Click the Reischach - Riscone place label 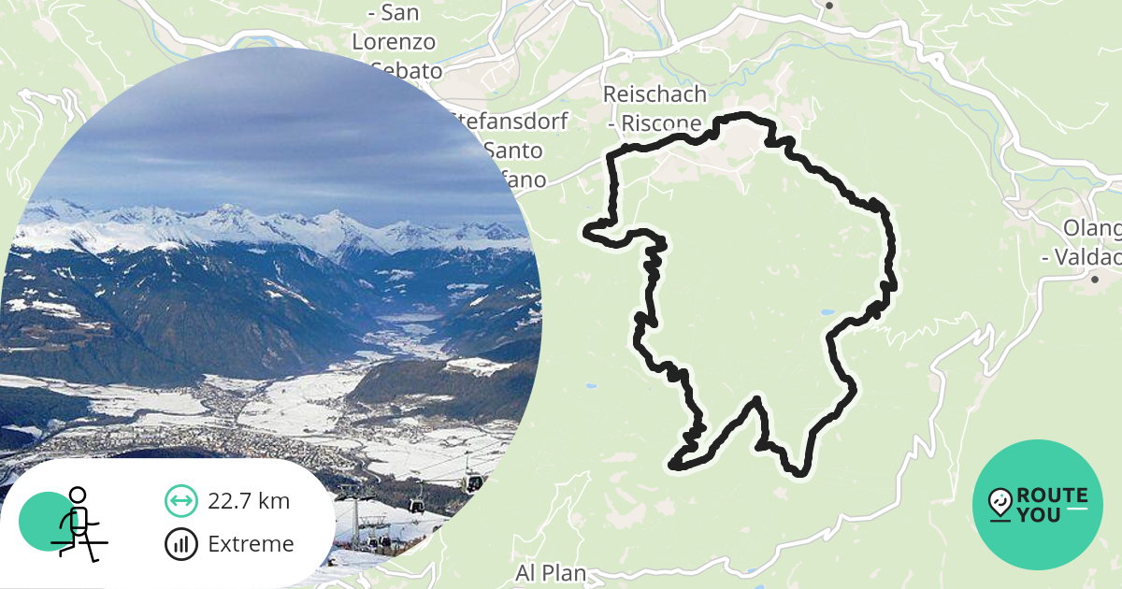pyautogui.click(x=654, y=108)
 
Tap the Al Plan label pyautogui.click(x=551, y=572)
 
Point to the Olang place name pyautogui.click(x=1091, y=229)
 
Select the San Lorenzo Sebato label pyautogui.click(x=395, y=42)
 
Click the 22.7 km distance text pyautogui.click(x=249, y=501)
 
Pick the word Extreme pyautogui.click(x=251, y=544)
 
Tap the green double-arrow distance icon pyautogui.click(x=180, y=501)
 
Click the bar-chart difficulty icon pyautogui.click(x=180, y=544)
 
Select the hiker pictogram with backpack pyautogui.click(x=78, y=523)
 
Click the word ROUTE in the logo pyautogui.click(x=1052, y=496)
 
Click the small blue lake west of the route pyautogui.click(x=589, y=385)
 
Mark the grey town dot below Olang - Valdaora pyautogui.click(x=1094, y=279)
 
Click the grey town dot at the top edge pyautogui.click(x=828, y=5)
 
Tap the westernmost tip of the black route pyautogui.click(x=586, y=230)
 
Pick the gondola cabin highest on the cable pyautogui.click(x=474, y=482)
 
